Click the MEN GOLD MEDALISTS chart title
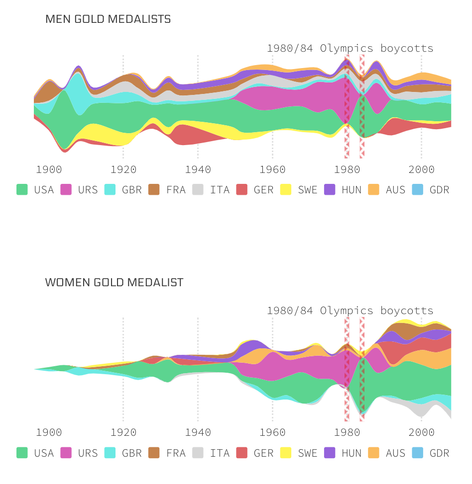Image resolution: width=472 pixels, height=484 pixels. click(x=108, y=19)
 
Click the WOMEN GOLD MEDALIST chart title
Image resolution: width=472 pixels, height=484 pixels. click(x=114, y=283)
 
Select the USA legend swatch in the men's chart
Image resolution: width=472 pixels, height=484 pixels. click(x=22, y=189)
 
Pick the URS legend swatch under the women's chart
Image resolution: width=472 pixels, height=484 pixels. click(x=66, y=453)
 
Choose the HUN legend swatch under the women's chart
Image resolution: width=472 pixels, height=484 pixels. click(x=330, y=453)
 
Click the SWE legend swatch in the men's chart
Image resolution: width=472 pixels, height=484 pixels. click(x=286, y=189)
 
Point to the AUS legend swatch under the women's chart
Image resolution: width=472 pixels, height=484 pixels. click(x=373, y=453)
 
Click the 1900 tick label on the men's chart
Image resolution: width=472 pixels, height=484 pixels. click(x=49, y=169)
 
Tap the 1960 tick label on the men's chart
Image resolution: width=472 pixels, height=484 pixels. click(x=272, y=169)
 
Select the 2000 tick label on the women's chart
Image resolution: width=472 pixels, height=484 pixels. click(x=421, y=432)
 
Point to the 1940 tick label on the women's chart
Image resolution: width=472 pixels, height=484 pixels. click(x=198, y=432)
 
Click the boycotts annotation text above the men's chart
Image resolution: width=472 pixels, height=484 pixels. click(x=350, y=48)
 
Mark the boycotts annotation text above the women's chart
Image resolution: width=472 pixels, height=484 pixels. click(x=350, y=311)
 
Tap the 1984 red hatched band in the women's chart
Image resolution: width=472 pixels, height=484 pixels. click(x=362, y=370)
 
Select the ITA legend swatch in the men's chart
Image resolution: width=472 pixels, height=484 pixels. click(x=198, y=189)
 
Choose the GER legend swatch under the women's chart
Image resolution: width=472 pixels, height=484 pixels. click(x=241, y=453)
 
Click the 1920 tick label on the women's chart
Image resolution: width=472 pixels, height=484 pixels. click(x=123, y=432)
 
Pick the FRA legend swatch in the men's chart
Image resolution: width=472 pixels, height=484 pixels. click(x=154, y=189)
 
